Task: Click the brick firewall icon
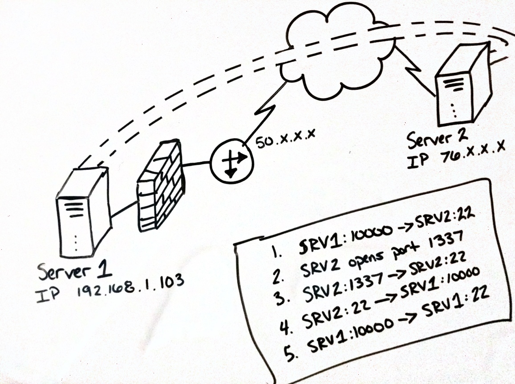(x=159, y=185)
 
